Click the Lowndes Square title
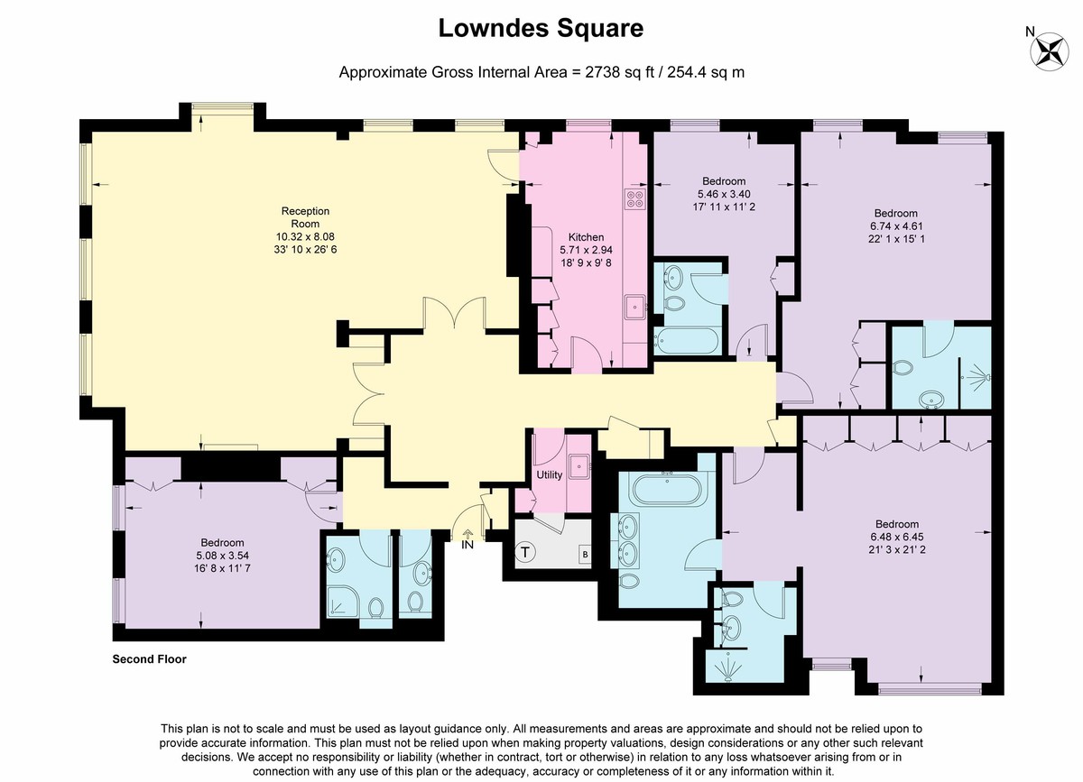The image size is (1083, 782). coord(541,28)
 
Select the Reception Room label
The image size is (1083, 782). coord(305,217)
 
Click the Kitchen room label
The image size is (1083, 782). coord(586,237)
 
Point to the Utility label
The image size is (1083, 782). coord(550,475)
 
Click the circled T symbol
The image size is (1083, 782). coord(525,552)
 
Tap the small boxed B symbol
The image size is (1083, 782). coord(585,555)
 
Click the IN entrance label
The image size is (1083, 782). coord(467,545)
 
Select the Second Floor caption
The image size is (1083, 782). coord(150,659)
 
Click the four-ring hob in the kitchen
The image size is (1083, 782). coord(634,198)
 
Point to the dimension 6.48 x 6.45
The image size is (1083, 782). coord(897,537)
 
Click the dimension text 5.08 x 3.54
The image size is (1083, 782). coord(222,556)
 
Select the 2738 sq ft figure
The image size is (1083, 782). coord(619,72)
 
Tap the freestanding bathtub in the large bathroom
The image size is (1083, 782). coord(667,490)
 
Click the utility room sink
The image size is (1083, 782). coord(579,466)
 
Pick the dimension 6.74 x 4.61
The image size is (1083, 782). coord(896,226)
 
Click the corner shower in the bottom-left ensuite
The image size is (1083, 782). coord(342,602)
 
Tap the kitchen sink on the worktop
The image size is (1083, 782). coord(634,307)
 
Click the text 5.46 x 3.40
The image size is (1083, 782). coord(724,194)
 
